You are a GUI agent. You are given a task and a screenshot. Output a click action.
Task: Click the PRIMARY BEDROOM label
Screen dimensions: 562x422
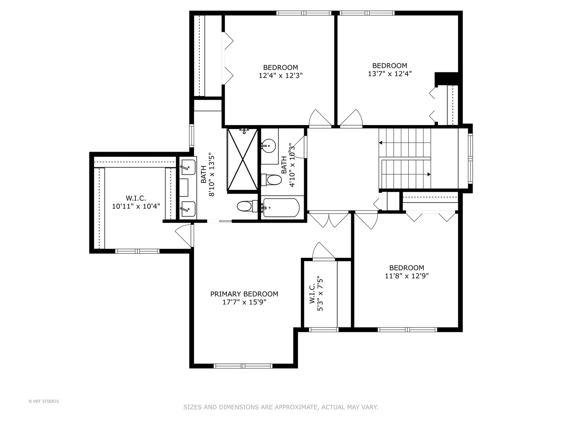(x=244, y=294)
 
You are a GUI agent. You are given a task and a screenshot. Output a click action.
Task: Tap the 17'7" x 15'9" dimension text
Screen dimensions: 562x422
(x=244, y=302)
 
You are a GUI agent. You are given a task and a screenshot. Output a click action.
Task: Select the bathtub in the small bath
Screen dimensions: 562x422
(x=281, y=207)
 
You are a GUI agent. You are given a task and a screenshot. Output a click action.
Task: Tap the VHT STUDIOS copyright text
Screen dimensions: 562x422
(x=44, y=401)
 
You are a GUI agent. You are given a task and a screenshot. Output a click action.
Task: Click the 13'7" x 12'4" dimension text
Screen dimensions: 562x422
(x=389, y=74)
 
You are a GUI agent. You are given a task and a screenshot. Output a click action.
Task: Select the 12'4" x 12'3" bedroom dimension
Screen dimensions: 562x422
(x=281, y=75)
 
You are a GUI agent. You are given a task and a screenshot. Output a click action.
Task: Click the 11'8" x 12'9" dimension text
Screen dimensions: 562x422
(x=407, y=276)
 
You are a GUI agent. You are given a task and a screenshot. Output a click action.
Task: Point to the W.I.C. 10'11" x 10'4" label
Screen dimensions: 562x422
(x=136, y=202)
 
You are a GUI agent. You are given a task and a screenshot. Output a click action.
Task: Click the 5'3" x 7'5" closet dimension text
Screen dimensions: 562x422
(x=320, y=293)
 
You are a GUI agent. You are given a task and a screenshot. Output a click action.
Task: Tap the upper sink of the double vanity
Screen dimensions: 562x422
(x=188, y=167)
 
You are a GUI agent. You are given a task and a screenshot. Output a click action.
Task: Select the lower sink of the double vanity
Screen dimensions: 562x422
(x=188, y=209)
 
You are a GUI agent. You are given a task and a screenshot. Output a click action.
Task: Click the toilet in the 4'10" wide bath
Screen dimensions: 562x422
(x=271, y=180)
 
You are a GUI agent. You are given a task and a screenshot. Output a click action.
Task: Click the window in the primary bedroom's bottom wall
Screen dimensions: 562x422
(x=243, y=366)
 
